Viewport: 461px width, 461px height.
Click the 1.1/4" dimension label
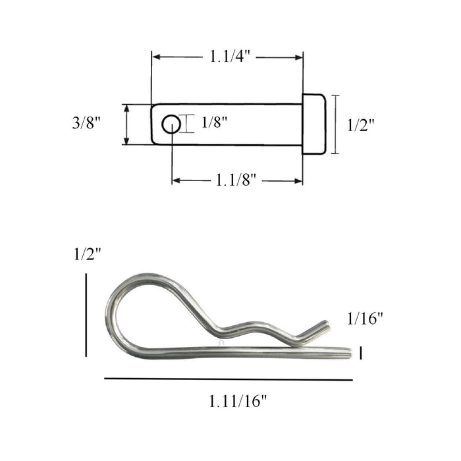pos(229,57)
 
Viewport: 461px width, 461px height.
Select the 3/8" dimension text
pos(86,123)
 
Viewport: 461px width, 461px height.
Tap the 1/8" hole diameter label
pos(215,122)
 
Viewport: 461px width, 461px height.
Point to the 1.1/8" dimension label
pos(236,180)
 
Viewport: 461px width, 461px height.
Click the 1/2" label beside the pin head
pos(360,125)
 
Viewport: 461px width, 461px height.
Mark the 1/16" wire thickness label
pos(365,319)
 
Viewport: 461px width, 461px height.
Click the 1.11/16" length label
pos(238,400)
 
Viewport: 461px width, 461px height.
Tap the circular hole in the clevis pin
pos(171,124)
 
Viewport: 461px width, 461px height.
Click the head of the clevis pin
pos(313,124)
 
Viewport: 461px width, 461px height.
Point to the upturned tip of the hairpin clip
pos(323,325)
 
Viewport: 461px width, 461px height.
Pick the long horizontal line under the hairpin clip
pos(229,379)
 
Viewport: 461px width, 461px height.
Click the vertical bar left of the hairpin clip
pos(86,315)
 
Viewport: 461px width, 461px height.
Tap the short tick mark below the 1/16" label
pos(361,353)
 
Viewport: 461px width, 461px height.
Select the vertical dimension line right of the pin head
pos(336,124)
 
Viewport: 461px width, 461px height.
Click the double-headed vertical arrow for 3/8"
pos(126,124)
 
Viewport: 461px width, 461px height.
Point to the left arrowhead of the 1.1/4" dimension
pos(156,57)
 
